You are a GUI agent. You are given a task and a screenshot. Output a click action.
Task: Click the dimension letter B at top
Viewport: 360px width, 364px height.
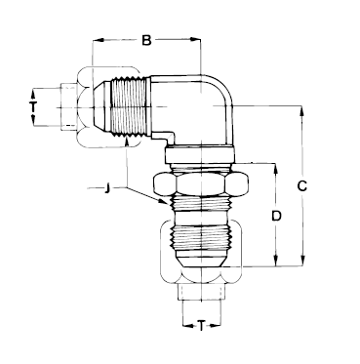pyautogui.click(x=147, y=40)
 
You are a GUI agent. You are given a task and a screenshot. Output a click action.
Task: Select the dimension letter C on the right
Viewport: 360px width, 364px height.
pyautogui.click(x=302, y=186)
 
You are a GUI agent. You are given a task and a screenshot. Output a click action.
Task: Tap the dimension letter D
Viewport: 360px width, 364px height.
pyautogui.click(x=276, y=216)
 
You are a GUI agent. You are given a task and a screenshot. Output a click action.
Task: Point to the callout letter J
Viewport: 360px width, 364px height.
pyautogui.click(x=106, y=188)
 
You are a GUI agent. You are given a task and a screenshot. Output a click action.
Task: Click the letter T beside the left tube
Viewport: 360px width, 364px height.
pyautogui.click(x=33, y=106)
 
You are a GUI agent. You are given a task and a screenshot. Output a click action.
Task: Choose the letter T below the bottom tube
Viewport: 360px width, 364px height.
pyautogui.click(x=202, y=325)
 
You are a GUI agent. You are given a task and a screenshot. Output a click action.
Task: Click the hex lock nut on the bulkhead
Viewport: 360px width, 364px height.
pyautogui.click(x=201, y=183)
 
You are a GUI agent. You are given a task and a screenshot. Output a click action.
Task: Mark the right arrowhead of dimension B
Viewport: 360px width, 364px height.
pyautogui.click(x=195, y=40)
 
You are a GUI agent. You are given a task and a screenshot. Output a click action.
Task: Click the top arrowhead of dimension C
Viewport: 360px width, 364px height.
pyautogui.click(x=302, y=111)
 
